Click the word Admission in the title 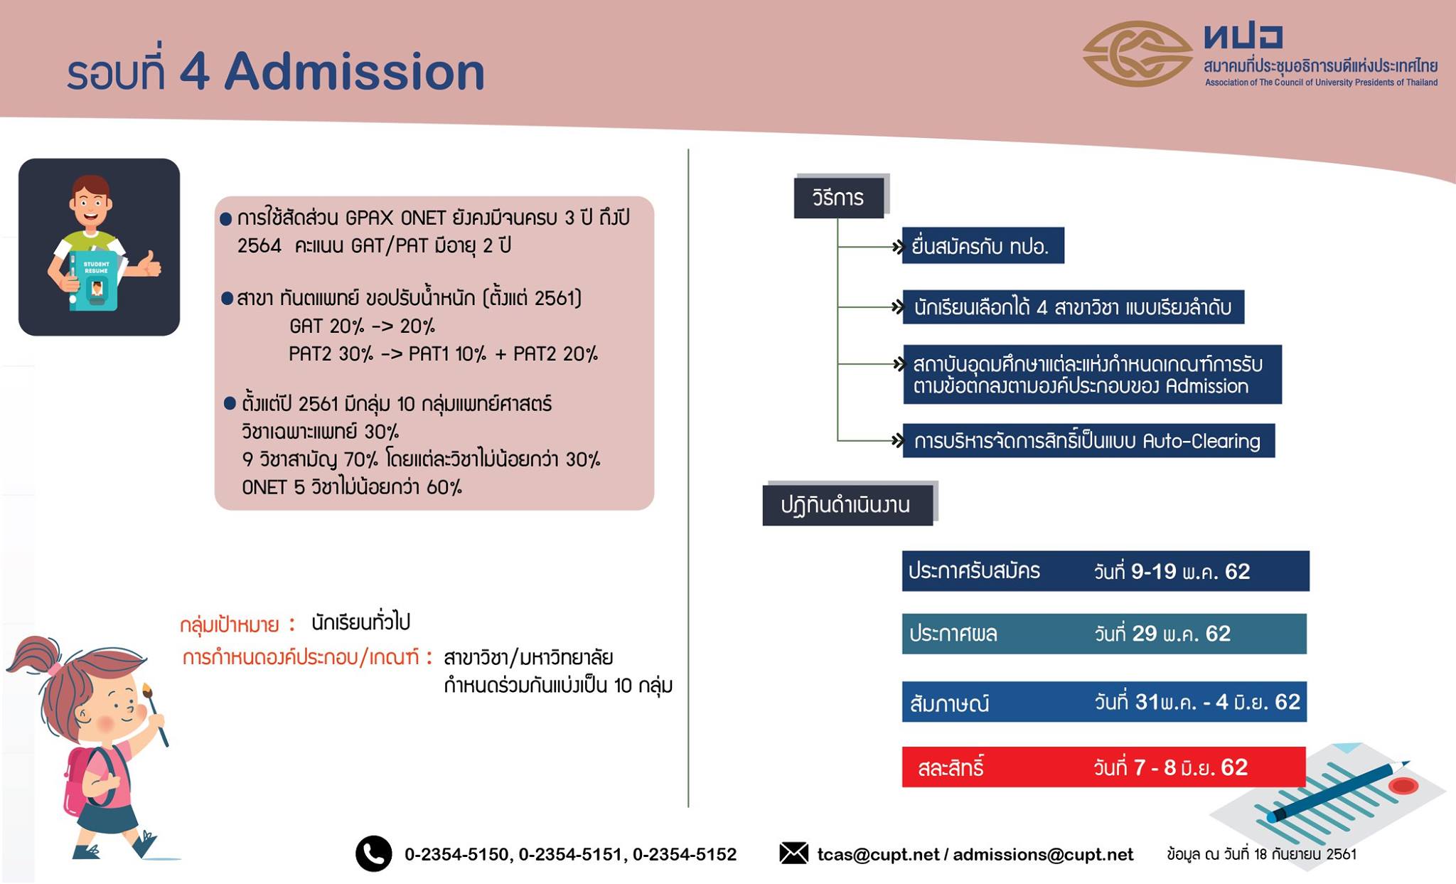tap(354, 72)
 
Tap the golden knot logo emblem tap(1137, 54)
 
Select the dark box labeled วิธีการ tap(839, 197)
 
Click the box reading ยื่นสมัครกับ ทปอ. tap(983, 246)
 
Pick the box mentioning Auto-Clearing tap(1088, 441)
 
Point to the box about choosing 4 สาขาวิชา tap(1074, 307)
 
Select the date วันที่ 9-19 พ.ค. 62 tap(1172, 571)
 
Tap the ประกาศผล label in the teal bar tap(953, 634)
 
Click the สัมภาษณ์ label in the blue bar tap(949, 703)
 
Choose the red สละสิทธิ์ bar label tap(951, 767)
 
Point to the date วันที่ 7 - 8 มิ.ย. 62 tap(1171, 767)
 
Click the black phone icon tap(373, 853)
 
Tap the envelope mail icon tap(793, 853)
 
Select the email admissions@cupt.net tap(1043, 854)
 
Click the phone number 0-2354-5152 tap(685, 854)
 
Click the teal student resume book tap(93, 280)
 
